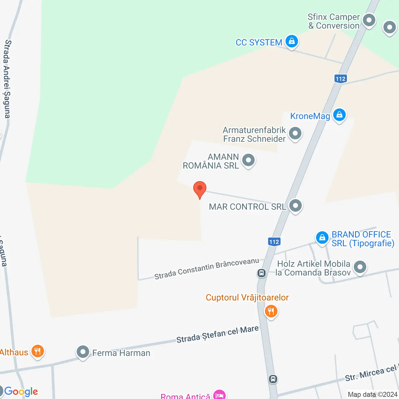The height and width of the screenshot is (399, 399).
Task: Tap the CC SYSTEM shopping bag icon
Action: click(x=292, y=41)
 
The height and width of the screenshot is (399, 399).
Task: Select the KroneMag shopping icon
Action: click(x=339, y=115)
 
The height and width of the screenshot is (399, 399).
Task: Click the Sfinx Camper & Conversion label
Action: click(x=334, y=21)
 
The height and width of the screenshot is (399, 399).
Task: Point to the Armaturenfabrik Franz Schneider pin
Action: click(x=295, y=133)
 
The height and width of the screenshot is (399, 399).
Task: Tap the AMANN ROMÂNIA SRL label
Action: click(x=211, y=161)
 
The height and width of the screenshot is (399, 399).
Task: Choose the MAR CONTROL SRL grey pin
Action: click(x=295, y=206)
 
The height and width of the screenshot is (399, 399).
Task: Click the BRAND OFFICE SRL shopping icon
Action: click(x=322, y=238)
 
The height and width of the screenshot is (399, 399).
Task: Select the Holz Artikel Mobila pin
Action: click(x=360, y=267)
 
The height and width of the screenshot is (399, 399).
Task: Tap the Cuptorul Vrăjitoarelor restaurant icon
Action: click(x=271, y=311)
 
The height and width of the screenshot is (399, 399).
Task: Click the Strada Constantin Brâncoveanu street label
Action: click(x=207, y=268)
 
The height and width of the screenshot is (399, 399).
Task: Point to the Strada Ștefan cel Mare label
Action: click(x=218, y=334)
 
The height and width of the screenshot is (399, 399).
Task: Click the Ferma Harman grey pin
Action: click(x=83, y=352)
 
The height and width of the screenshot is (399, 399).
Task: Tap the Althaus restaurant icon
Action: click(x=37, y=351)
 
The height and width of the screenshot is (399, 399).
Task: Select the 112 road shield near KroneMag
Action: click(x=341, y=79)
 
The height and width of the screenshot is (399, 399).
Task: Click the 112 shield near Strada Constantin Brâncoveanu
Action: click(x=274, y=242)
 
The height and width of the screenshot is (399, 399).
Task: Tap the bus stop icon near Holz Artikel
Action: click(x=261, y=273)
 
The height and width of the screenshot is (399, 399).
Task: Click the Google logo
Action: click(x=21, y=391)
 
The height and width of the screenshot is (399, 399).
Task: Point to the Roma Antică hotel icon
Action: click(x=219, y=395)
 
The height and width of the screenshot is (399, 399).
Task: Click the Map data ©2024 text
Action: click(x=373, y=394)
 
